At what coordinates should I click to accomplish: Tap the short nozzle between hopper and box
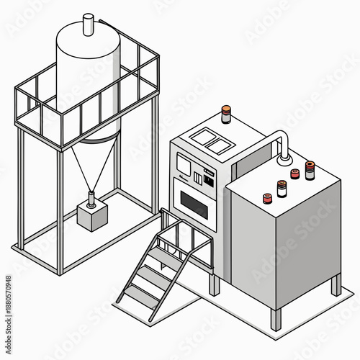pyautogui.click(x=92, y=197)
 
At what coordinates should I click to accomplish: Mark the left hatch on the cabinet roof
pyautogui.click(x=201, y=136)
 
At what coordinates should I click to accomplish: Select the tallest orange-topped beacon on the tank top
pyautogui.click(x=310, y=170)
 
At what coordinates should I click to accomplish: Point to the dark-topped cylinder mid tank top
pyautogui.click(x=281, y=188)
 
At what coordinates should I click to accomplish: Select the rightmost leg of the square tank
pyautogui.click(x=336, y=285)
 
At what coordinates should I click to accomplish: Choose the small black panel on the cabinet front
pyautogui.click(x=210, y=175)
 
